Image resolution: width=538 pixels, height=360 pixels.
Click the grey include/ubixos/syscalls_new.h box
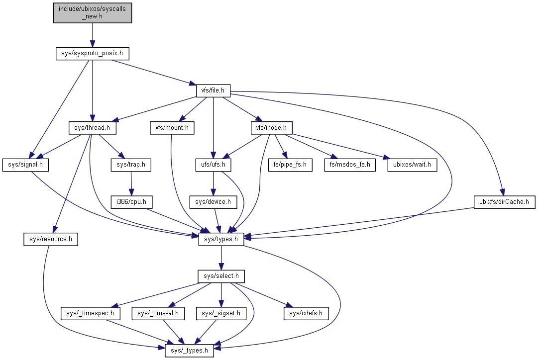click(x=93, y=12)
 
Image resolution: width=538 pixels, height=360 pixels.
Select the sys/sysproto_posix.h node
click(x=93, y=53)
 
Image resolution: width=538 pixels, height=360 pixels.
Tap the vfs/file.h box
click(x=213, y=90)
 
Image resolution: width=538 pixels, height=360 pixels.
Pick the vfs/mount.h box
click(x=171, y=128)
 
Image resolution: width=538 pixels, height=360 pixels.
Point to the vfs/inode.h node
click(x=271, y=128)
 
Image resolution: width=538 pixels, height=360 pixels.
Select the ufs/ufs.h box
click(x=213, y=165)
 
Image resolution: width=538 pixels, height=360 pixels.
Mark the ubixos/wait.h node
click(x=412, y=165)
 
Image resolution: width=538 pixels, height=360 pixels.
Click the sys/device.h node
click(x=213, y=202)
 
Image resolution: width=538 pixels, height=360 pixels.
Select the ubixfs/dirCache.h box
click(x=504, y=202)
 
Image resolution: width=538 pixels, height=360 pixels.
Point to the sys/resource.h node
click(x=50, y=239)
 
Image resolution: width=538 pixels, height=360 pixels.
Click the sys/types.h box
click(x=221, y=239)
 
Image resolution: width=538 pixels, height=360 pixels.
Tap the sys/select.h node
click(x=221, y=276)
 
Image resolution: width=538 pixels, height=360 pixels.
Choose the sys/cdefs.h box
click(x=306, y=313)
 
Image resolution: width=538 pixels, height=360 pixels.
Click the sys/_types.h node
click(x=190, y=351)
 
